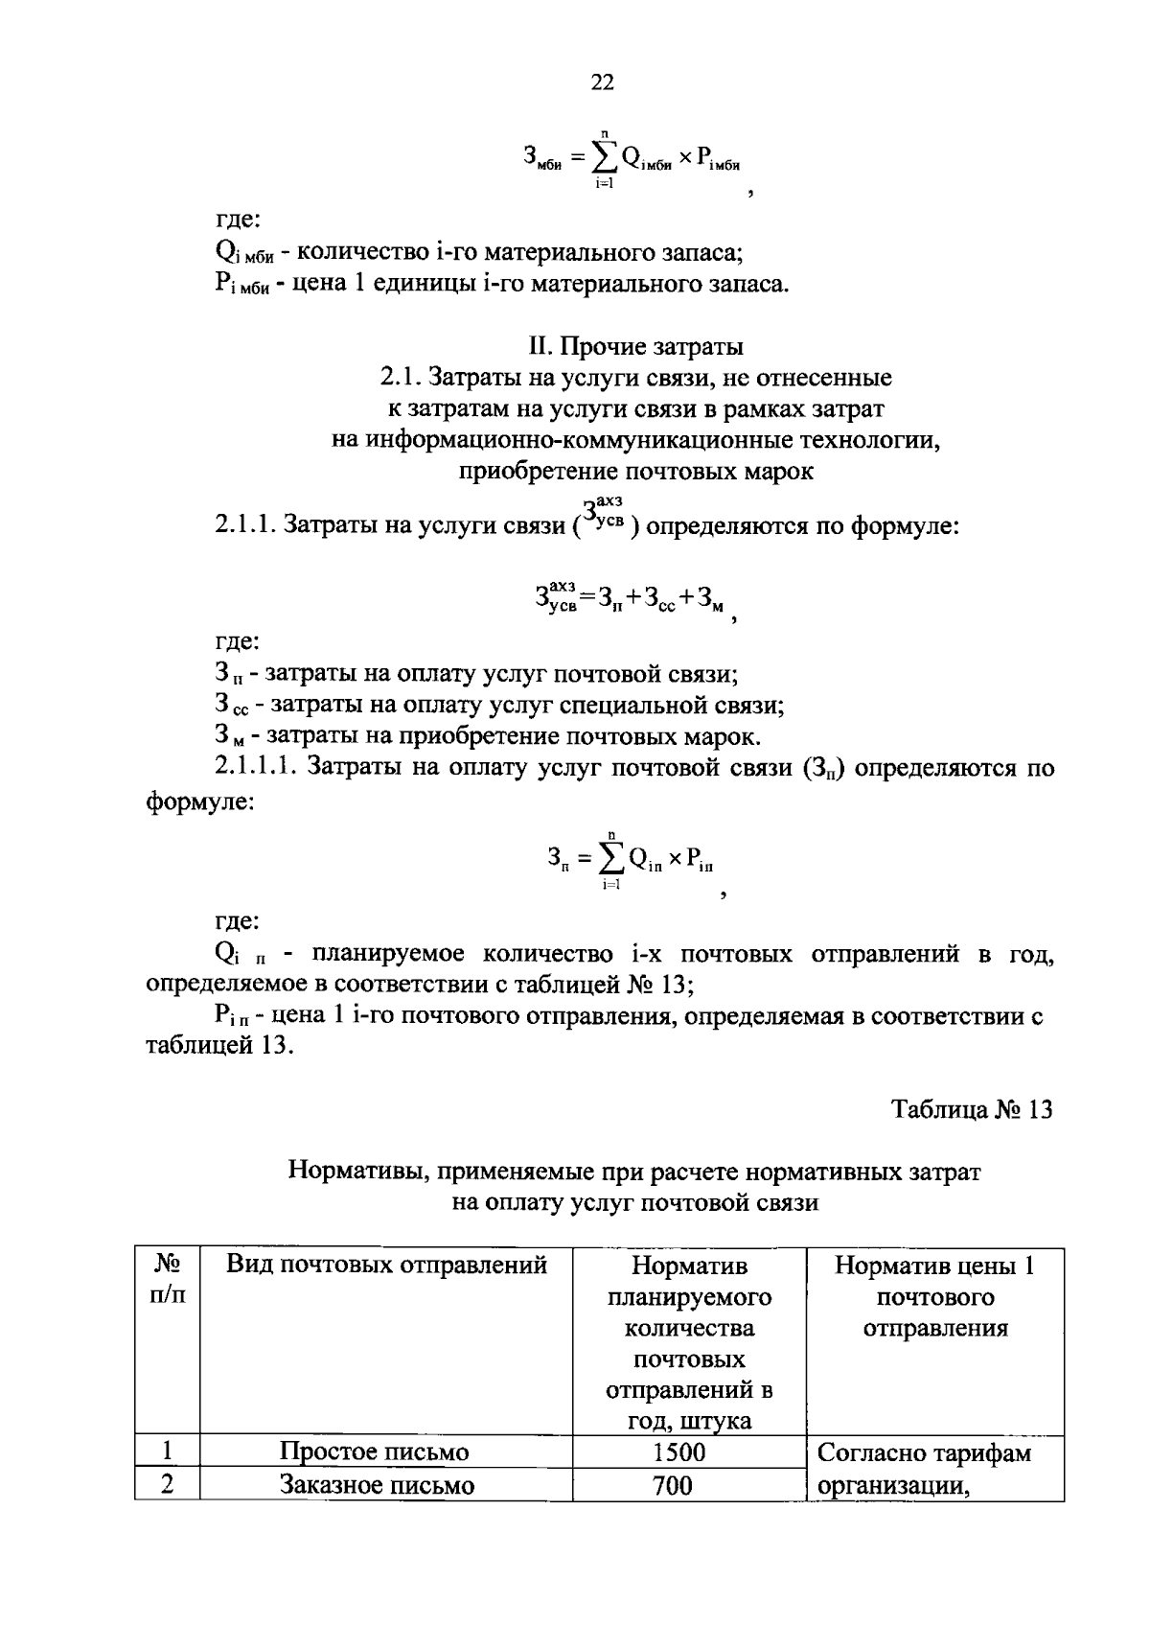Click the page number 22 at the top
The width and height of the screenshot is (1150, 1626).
pos(602,82)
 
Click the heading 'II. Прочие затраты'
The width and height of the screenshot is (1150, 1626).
pos(637,345)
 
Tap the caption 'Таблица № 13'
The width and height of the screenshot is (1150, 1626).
pos(972,1109)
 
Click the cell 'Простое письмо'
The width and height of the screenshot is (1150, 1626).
pos(375,1452)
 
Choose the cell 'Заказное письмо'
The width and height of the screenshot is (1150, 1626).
pos(378,1485)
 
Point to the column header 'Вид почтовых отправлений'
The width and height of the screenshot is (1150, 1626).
pos(386,1266)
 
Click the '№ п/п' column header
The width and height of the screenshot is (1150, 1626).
pos(168,1280)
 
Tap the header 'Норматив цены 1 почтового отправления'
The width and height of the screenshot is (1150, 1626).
pos(935,1296)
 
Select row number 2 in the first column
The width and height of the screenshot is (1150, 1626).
pos(168,1485)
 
